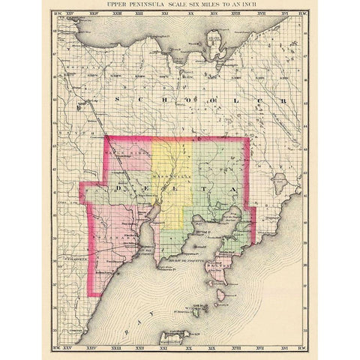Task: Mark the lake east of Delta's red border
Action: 280,180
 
